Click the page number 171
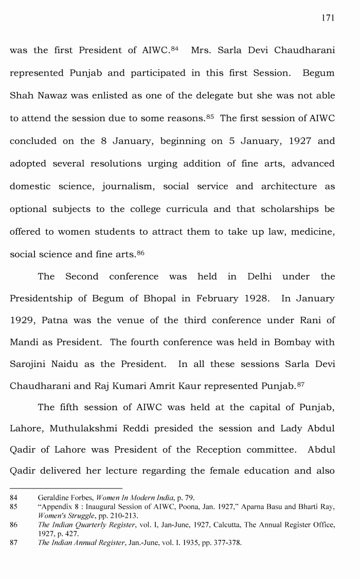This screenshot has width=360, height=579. tap(328, 18)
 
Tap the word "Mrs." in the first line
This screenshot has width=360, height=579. tap(202, 50)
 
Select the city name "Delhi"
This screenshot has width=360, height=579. tap(260, 277)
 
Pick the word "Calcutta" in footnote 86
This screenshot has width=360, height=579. tap(226, 525)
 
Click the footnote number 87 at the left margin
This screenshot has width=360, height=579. tap(14, 543)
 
